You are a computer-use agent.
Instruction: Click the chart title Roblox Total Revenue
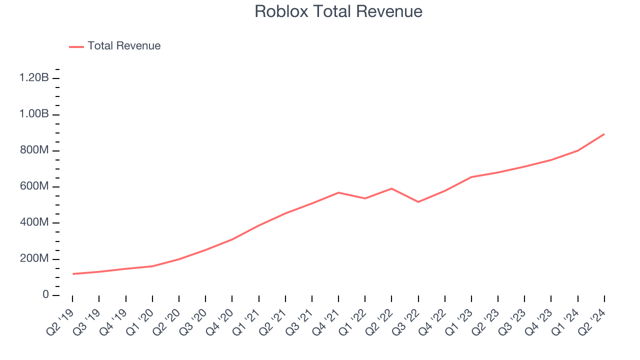click(x=338, y=11)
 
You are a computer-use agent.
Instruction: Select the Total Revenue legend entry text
click(x=124, y=46)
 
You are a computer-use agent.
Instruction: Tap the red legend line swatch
click(x=76, y=46)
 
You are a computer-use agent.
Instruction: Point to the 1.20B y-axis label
click(x=34, y=78)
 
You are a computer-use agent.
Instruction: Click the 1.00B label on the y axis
click(x=34, y=114)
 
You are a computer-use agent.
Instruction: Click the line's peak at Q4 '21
click(x=338, y=192)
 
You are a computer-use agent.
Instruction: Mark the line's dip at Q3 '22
click(x=418, y=202)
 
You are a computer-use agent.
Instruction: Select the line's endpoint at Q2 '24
click(x=604, y=134)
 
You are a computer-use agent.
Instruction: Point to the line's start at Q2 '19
click(x=72, y=274)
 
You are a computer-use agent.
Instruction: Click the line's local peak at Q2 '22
click(x=391, y=188)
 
